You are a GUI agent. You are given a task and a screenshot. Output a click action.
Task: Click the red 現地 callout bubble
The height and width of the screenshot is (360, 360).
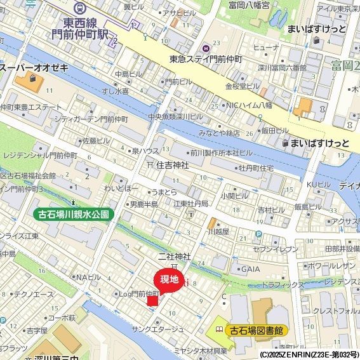point(169,279)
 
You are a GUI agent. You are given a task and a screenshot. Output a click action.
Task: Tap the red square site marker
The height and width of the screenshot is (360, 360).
point(152,300)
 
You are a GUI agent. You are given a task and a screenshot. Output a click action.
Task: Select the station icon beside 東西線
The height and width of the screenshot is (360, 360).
point(80,8)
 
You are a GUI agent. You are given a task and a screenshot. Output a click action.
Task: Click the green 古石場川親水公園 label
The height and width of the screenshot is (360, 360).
point(72,215)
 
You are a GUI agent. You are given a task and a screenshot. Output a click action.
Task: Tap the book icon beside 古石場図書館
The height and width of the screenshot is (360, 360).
point(220,330)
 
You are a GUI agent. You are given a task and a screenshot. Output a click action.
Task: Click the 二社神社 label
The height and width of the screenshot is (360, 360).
point(175,257)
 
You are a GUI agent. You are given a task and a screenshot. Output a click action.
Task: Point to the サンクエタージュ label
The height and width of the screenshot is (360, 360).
point(157,329)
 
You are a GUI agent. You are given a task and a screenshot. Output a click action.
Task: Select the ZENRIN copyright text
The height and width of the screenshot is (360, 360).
point(309,354)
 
